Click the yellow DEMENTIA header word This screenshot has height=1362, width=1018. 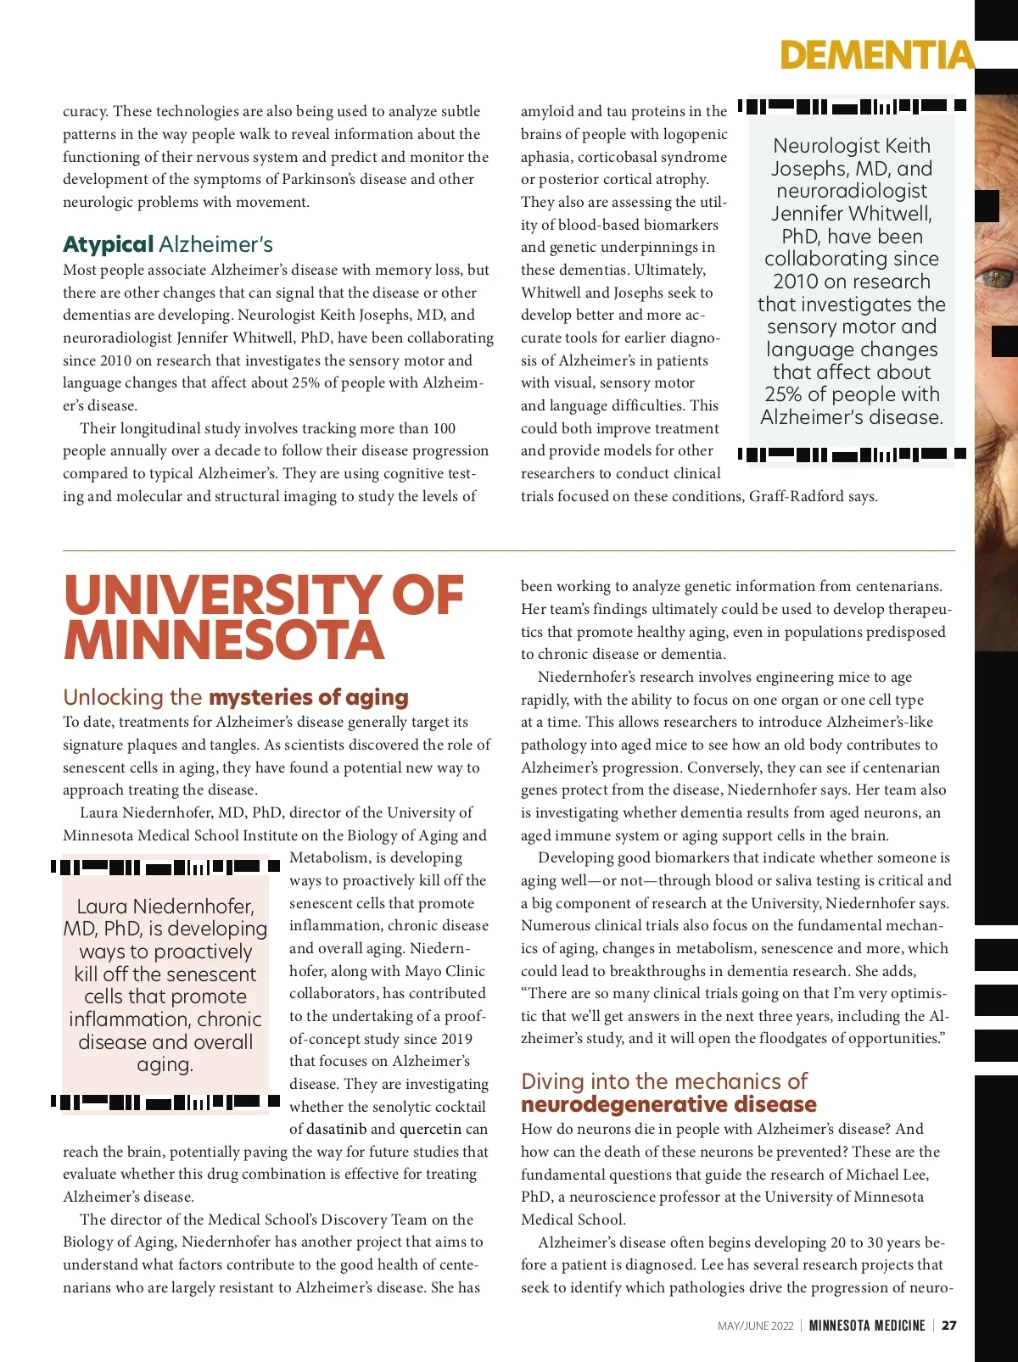pyautogui.click(x=876, y=55)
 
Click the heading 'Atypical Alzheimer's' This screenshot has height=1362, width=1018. pyautogui.click(x=167, y=245)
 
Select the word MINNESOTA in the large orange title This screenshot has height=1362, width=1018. pyautogui.click(x=224, y=641)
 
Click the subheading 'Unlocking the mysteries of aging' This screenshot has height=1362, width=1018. pyautogui.click(x=235, y=697)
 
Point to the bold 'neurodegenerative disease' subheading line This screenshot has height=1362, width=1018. pyautogui.click(x=668, y=1104)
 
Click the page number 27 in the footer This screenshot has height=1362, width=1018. pyautogui.click(x=949, y=1326)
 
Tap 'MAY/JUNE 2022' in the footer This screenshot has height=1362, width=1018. pyautogui.click(x=755, y=1326)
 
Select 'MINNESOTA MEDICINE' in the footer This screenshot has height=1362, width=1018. pyautogui.click(x=866, y=1326)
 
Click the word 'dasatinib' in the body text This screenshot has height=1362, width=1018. pyautogui.click(x=337, y=1130)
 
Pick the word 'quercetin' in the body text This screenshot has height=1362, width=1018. pyautogui.click(x=430, y=1130)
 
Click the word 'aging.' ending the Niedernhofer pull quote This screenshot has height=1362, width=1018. pyautogui.click(x=165, y=1064)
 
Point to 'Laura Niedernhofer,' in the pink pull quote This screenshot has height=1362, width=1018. pyautogui.click(x=165, y=907)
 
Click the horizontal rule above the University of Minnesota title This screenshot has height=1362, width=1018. pyautogui.click(x=508, y=551)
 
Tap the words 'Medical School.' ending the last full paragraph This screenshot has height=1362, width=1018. pyautogui.click(x=573, y=1220)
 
